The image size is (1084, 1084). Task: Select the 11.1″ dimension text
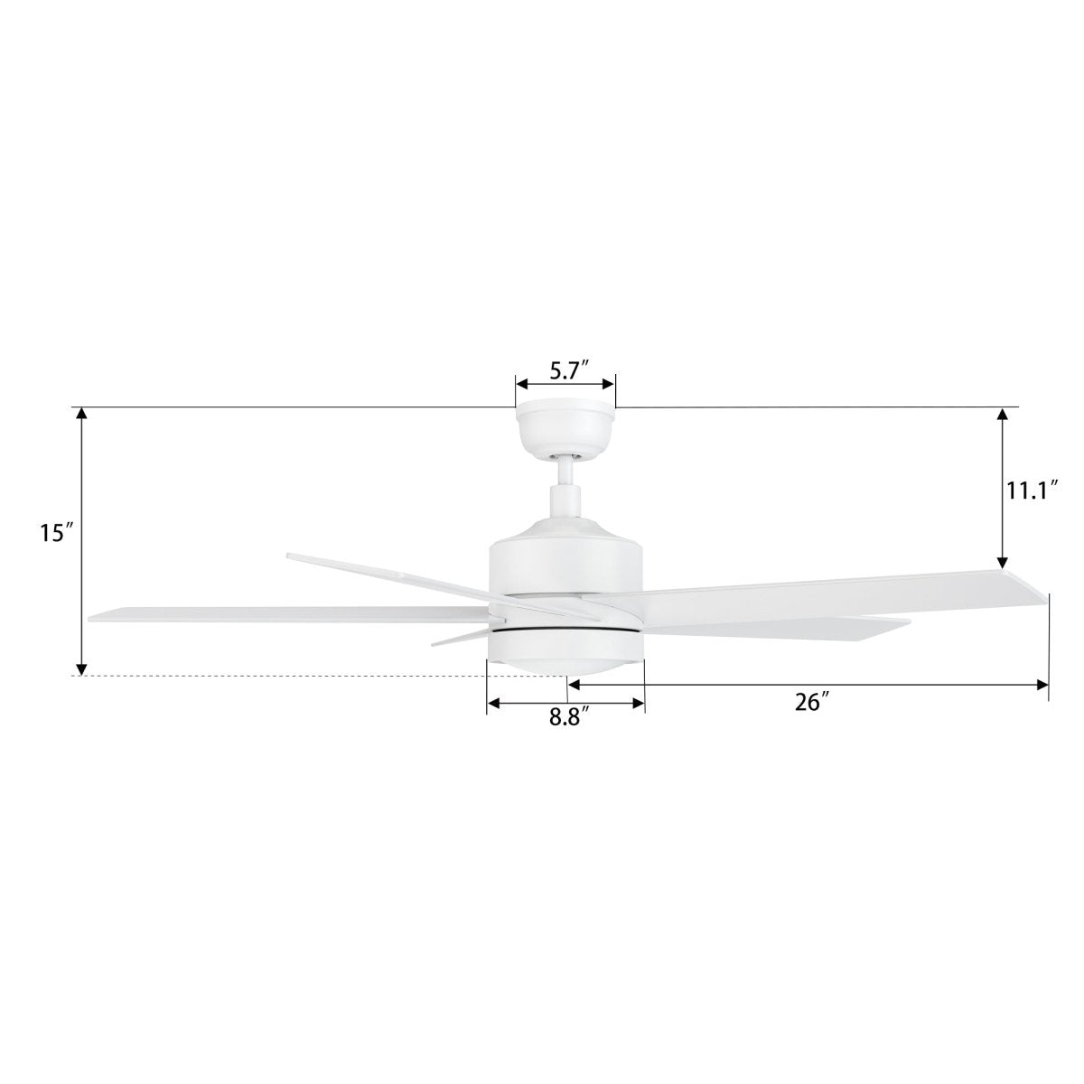[1032, 491]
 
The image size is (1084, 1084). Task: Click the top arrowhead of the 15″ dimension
[81, 416]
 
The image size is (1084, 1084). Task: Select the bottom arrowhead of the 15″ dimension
[81, 668]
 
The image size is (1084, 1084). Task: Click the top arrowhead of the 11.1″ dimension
[1001, 416]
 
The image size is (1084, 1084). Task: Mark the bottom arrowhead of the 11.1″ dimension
[1001, 560]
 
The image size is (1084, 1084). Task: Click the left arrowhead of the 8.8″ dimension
[493, 703]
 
